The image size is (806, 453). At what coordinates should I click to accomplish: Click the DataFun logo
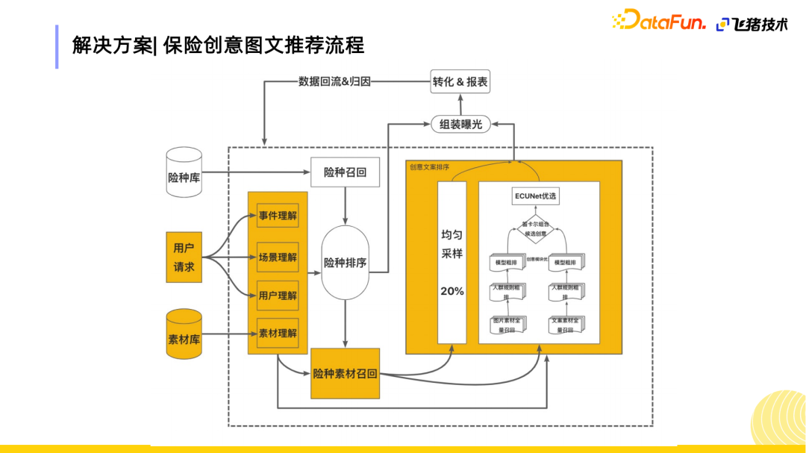click(658, 22)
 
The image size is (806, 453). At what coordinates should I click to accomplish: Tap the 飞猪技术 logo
click(752, 24)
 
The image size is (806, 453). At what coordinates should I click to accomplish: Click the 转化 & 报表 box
click(460, 82)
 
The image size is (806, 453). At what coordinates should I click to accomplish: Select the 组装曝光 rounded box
click(460, 124)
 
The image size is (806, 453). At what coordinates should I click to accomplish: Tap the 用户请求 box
click(184, 257)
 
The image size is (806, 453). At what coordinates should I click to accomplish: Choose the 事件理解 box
click(278, 217)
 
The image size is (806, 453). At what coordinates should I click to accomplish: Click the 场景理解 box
click(278, 257)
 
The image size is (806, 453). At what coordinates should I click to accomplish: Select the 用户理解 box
click(278, 296)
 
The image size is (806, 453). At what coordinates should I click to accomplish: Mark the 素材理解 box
click(278, 333)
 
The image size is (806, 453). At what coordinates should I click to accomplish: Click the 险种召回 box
click(346, 173)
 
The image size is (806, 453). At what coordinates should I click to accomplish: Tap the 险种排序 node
click(345, 263)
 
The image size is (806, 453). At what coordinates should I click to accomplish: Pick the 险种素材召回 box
click(345, 373)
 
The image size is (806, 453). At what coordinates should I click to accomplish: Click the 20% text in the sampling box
click(452, 291)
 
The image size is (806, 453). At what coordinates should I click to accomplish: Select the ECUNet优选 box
click(536, 196)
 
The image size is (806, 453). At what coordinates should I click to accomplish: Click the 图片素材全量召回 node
click(507, 325)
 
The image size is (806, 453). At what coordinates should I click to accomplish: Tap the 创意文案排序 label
click(429, 167)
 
